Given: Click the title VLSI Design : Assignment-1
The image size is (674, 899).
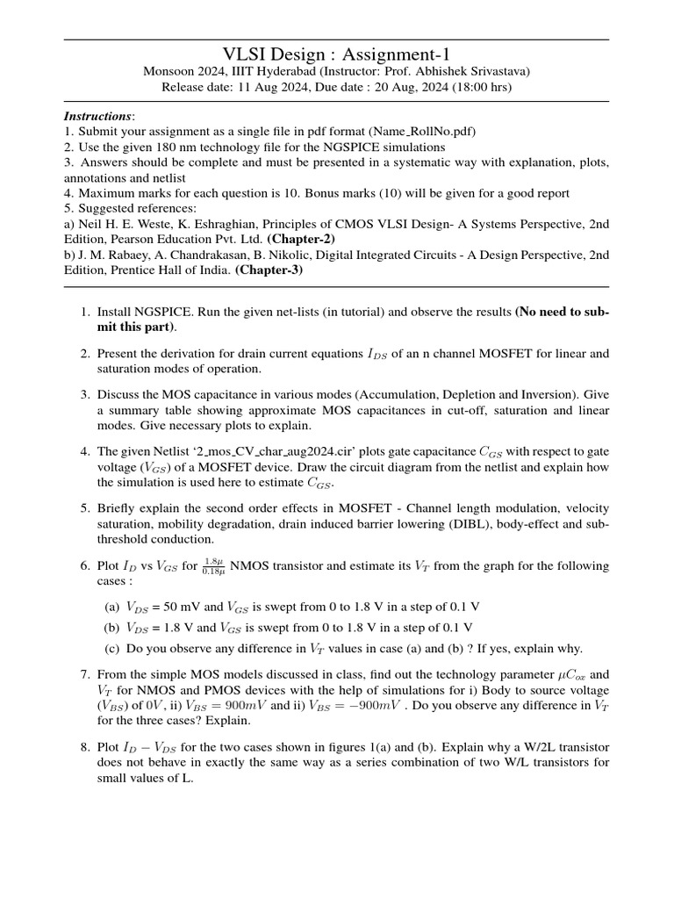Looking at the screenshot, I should (x=336, y=54).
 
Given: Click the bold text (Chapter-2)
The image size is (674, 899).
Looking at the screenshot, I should (x=300, y=239).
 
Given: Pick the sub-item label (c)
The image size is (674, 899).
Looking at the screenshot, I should (x=112, y=649).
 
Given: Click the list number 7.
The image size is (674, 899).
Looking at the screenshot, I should (x=84, y=674).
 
